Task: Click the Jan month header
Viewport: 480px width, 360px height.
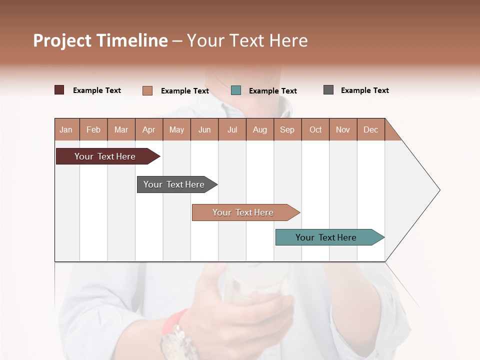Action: (66, 129)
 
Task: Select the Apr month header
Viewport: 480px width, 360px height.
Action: (149, 129)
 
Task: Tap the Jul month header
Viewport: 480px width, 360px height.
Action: (232, 129)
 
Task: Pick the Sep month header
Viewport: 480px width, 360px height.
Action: (287, 129)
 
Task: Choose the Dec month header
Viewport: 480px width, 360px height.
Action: (370, 129)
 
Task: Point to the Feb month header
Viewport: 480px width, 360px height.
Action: (93, 129)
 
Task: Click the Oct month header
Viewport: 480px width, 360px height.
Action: (315, 129)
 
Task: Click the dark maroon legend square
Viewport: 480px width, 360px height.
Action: (59, 90)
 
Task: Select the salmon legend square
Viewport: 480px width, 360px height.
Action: (147, 90)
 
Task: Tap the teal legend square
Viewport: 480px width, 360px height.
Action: (236, 90)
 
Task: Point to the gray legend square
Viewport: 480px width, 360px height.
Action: (328, 90)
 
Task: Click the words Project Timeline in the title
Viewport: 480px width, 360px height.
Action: (100, 40)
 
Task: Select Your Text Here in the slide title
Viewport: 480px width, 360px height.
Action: (247, 40)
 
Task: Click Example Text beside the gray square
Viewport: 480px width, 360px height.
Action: (364, 90)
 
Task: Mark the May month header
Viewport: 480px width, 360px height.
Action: (176, 129)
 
